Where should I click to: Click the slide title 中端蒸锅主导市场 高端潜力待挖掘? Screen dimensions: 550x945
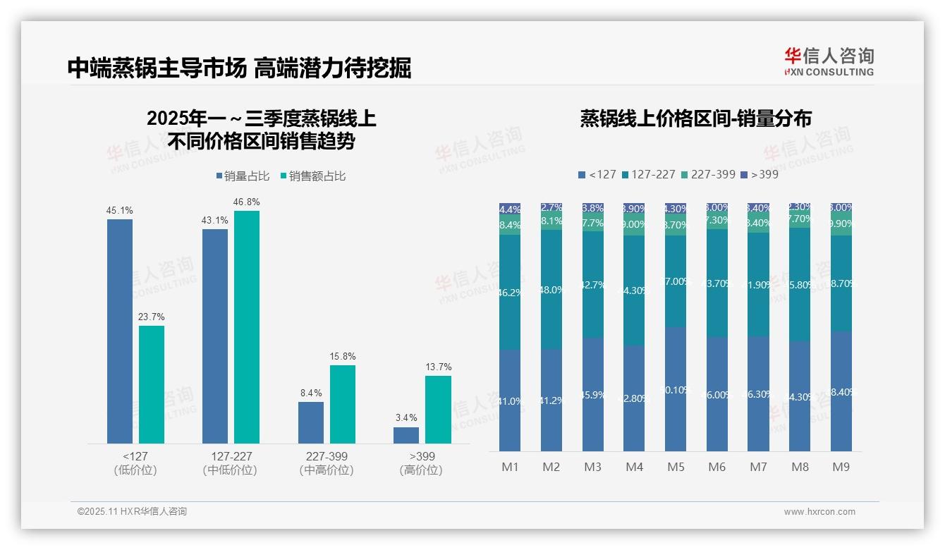239,68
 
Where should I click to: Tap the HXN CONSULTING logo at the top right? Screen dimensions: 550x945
829,61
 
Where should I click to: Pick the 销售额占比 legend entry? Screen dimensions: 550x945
313,176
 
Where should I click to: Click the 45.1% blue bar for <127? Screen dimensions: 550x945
120,331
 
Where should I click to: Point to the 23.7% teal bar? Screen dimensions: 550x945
152,384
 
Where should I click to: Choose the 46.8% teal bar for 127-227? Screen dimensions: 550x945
247,327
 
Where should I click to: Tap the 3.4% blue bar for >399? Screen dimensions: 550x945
406,435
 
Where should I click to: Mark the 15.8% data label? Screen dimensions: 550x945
343,356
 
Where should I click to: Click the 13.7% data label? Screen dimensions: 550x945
439,367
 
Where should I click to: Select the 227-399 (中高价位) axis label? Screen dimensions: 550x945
327,463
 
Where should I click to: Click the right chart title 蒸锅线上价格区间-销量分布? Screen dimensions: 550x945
695,118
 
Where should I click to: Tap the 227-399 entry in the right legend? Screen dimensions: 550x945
708,174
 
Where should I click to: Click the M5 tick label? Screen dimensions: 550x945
676,467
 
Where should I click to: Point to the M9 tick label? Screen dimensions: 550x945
841,467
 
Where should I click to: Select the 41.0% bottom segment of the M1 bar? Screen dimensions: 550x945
510,401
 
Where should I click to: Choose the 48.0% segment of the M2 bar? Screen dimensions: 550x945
551,289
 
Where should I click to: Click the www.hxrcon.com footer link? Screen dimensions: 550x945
819,512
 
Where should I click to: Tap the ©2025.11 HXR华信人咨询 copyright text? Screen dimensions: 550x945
132,512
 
